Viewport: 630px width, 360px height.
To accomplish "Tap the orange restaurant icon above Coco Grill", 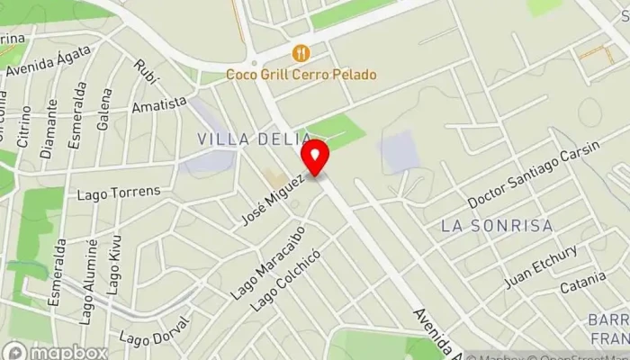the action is [301, 53].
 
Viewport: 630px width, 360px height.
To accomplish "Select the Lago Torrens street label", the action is [119, 192].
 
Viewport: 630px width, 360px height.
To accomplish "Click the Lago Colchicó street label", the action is [285, 280].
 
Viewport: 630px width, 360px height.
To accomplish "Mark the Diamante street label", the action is [50, 135].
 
